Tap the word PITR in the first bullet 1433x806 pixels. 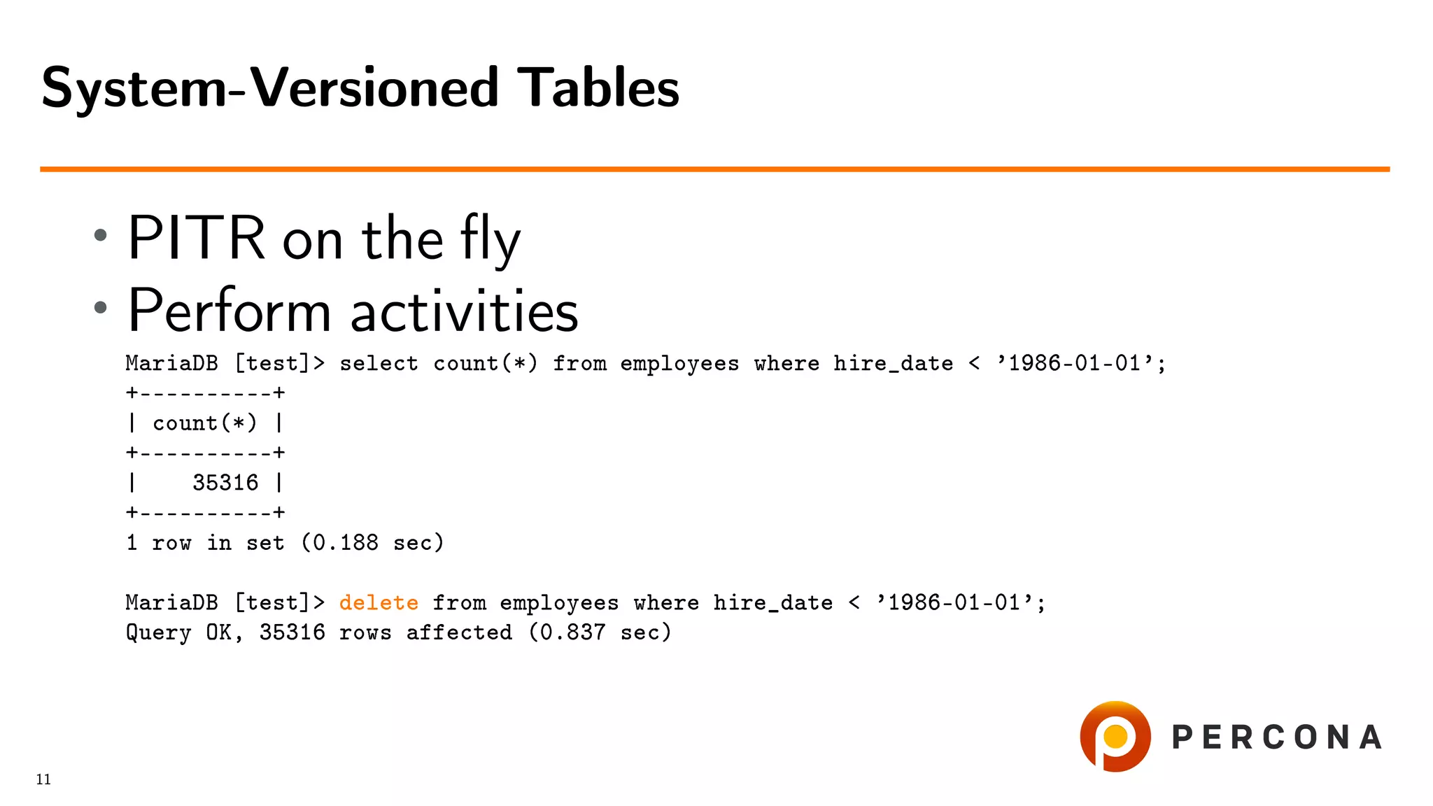(x=197, y=239)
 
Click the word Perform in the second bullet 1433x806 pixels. (x=229, y=311)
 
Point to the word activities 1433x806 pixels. (x=464, y=311)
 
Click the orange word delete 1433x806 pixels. (x=379, y=602)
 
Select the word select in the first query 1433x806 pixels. (x=379, y=363)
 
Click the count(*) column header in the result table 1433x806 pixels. (x=205, y=423)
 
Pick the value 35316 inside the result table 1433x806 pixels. (x=225, y=483)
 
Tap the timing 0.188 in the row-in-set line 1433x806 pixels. (x=345, y=543)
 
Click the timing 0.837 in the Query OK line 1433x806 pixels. (x=572, y=632)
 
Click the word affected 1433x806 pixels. (x=459, y=632)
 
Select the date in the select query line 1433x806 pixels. (x=1074, y=363)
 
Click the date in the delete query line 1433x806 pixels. (x=954, y=602)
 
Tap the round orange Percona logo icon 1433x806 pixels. (x=1115, y=737)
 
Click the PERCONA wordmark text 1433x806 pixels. (x=1276, y=737)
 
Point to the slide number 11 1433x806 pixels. (x=43, y=779)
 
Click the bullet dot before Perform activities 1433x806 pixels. (x=101, y=307)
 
